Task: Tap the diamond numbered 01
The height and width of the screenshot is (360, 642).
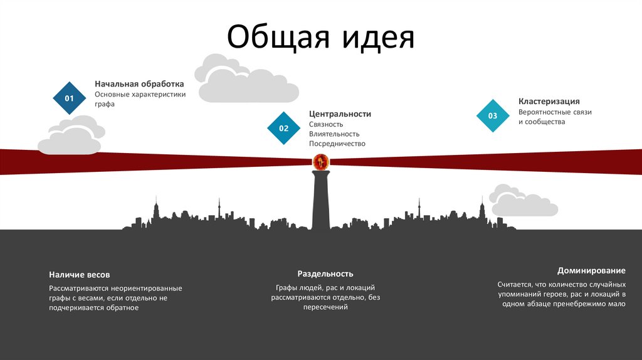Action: tap(70, 98)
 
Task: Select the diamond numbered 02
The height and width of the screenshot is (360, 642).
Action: tap(284, 129)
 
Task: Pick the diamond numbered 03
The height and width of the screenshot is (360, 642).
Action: tap(493, 116)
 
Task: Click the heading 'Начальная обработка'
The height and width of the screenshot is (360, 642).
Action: tap(139, 83)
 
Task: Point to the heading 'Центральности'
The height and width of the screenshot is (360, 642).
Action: tap(340, 114)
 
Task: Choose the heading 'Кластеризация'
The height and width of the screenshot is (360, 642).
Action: tap(549, 101)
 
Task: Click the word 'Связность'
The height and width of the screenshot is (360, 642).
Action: tap(326, 124)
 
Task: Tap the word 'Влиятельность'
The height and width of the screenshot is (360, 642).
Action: tap(334, 134)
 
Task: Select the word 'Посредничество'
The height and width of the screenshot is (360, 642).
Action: tap(337, 144)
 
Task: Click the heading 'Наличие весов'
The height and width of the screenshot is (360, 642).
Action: tap(80, 275)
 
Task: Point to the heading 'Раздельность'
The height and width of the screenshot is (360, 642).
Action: tap(325, 273)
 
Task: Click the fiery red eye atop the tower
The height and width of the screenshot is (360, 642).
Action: tap(320, 162)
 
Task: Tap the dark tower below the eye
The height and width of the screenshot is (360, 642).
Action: tap(320, 201)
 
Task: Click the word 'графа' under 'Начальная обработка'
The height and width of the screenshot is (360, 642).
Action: tap(105, 104)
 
